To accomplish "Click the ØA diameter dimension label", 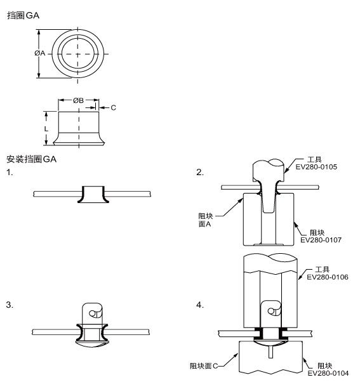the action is pyautogui.click(x=40, y=53).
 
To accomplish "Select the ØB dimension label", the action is pyautogui.click(x=78, y=100).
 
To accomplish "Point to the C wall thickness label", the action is pyautogui.click(x=114, y=107).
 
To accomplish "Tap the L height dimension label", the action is pyautogui.click(x=46, y=129).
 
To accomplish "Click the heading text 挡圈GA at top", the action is pyautogui.click(x=23, y=15).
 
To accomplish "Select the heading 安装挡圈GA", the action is pyautogui.click(x=32, y=159).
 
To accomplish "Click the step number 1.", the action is pyautogui.click(x=10, y=172).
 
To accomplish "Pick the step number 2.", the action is pyautogui.click(x=199, y=172).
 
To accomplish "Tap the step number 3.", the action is pyautogui.click(x=10, y=305).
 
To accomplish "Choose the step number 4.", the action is pyautogui.click(x=199, y=305).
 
